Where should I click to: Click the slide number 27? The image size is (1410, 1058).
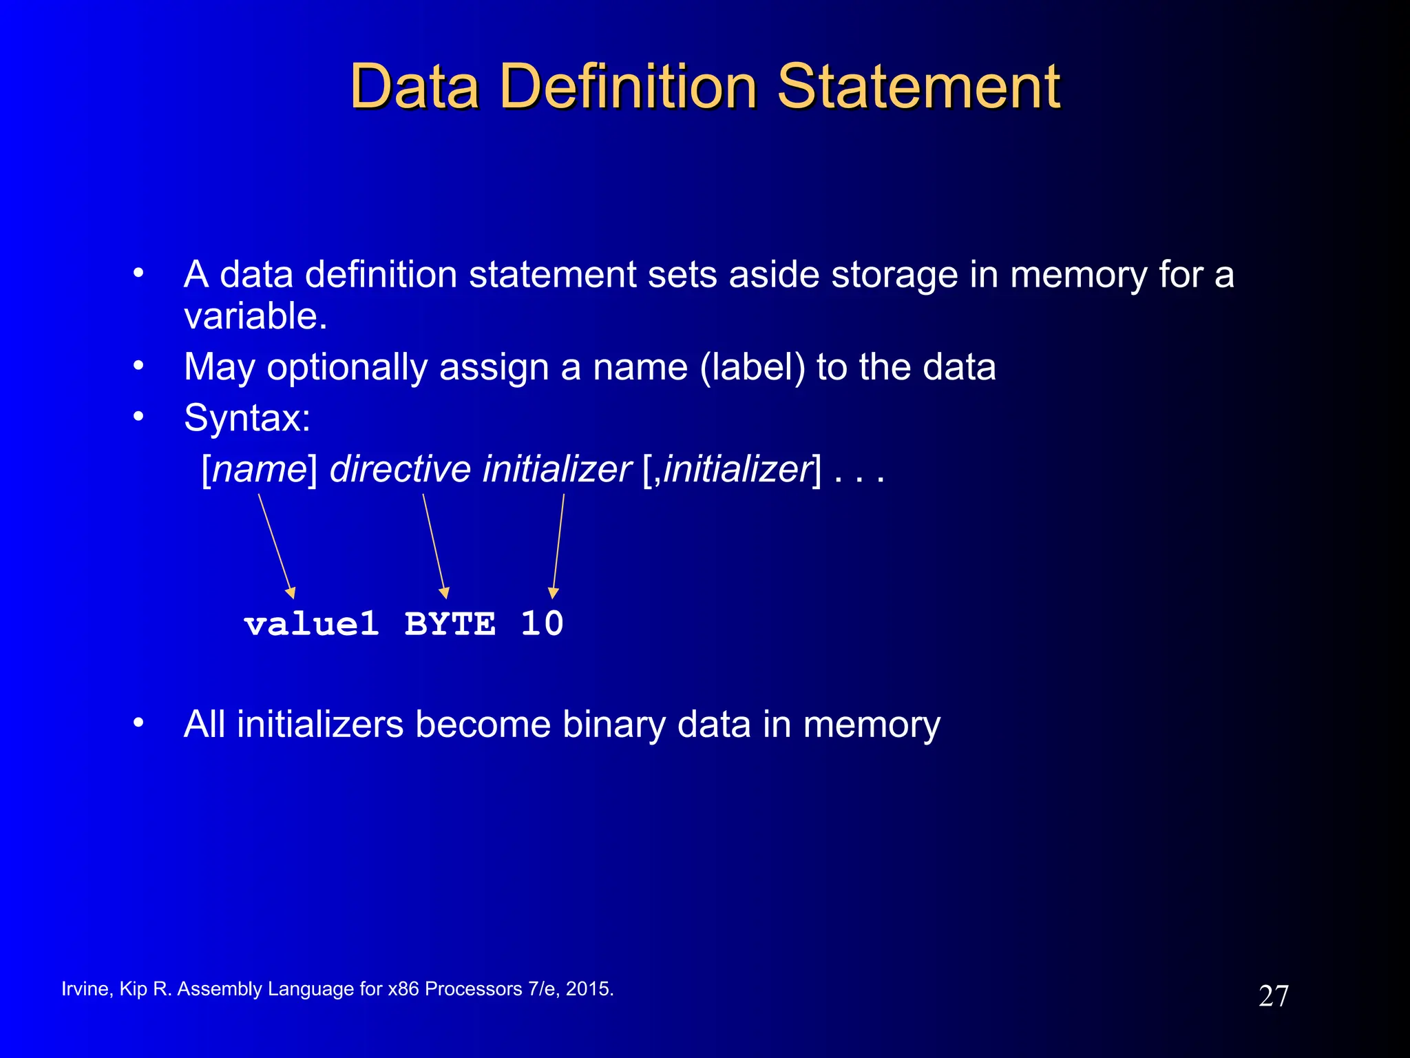(1273, 996)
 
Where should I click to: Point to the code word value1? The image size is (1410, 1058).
(311, 624)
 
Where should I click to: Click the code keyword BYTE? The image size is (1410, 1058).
(450, 624)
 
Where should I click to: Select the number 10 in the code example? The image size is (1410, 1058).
(542, 624)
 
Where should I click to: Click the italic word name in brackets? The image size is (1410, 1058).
(260, 470)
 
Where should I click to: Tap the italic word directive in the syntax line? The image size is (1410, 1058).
(400, 470)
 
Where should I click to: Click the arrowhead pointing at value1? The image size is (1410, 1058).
(291, 593)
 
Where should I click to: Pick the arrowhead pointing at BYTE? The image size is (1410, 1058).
(445, 593)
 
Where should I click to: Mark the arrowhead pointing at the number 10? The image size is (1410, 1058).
(553, 593)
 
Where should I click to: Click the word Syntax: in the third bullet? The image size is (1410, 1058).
(247, 418)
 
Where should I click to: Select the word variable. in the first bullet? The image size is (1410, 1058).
(255, 316)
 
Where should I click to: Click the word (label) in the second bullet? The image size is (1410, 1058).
(753, 367)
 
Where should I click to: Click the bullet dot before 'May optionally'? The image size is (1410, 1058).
(138, 365)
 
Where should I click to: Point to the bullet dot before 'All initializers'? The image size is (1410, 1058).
(138, 723)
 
